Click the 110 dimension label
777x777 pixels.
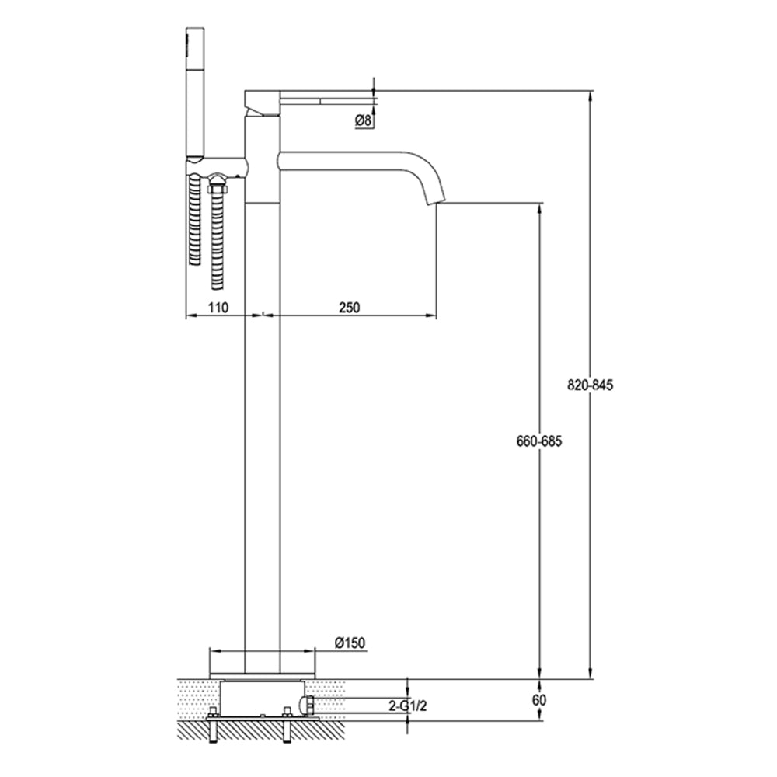click(218, 307)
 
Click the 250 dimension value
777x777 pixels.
click(350, 307)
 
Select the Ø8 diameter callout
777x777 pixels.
click(362, 120)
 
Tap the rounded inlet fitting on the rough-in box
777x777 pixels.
click(309, 706)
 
